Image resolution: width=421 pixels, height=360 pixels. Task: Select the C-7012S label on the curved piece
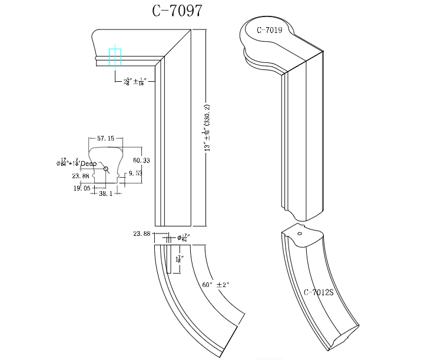tap(319, 292)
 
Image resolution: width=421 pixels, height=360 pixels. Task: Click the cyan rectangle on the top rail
tap(115, 56)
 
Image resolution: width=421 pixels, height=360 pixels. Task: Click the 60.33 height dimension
tap(141, 160)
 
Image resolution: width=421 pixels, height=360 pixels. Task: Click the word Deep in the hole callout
tap(88, 164)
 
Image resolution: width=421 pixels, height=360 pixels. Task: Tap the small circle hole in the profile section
tap(107, 169)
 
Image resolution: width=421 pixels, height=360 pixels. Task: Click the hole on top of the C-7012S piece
tap(299, 234)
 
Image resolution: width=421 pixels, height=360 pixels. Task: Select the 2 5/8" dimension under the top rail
tap(133, 81)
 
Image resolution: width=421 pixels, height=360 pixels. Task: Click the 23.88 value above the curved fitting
tap(142, 234)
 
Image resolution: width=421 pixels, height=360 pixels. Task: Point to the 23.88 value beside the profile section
tap(81, 175)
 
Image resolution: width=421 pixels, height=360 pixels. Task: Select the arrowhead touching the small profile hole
tap(104, 167)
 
